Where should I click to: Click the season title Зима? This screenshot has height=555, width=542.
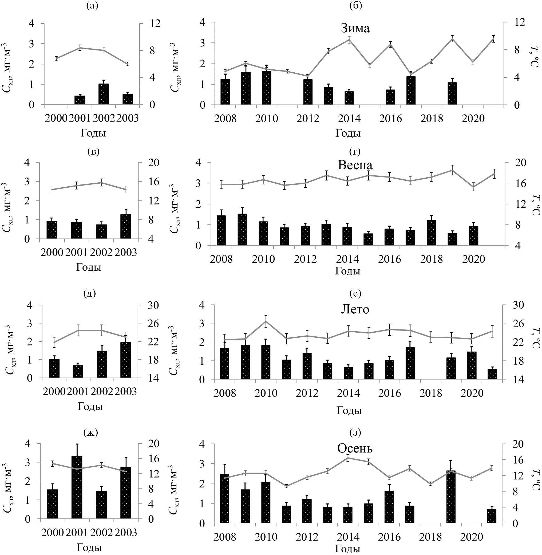(355, 29)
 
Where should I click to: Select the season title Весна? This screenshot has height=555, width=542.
(355, 166)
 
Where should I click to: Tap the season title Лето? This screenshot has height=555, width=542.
(355, 309)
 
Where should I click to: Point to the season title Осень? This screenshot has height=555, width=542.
(355, 448)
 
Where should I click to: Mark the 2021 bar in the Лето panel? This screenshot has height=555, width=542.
(492, 374)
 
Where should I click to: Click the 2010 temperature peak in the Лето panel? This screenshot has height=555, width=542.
(266, 321)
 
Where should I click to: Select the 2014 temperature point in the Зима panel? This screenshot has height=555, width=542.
(349, 40)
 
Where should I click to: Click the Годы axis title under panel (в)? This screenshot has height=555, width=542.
(89, 267)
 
